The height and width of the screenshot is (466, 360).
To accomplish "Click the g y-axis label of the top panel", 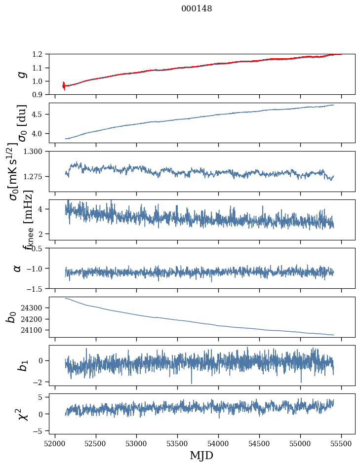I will (x=21, y=74).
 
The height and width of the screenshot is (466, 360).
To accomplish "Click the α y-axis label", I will (x=18, y=268).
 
